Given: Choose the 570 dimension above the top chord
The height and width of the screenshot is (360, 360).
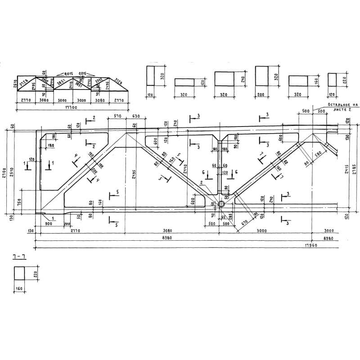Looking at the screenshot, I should pos(117,117).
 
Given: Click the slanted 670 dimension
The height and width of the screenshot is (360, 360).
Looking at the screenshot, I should pos(245,221).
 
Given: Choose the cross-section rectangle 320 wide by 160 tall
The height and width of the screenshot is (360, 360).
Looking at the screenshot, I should pos(298,81).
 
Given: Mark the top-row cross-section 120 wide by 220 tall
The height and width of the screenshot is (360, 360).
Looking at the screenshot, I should pos(332,79).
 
